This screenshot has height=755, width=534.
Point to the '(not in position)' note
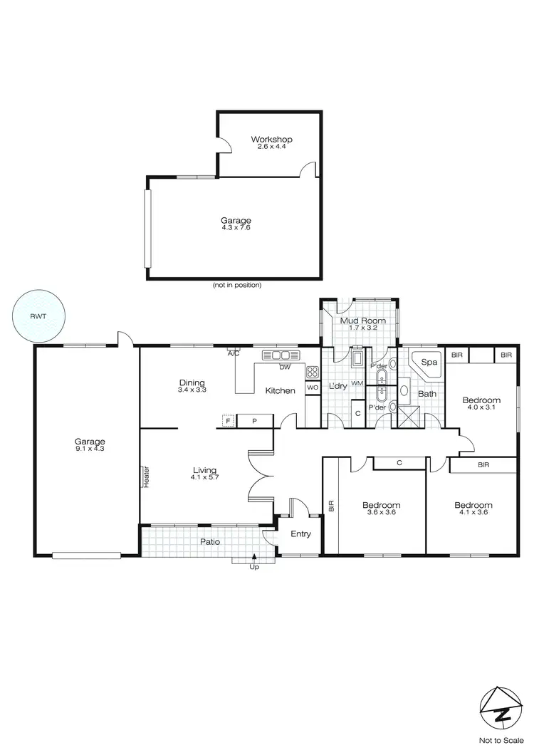[237, 285]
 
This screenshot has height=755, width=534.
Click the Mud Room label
[362, 321]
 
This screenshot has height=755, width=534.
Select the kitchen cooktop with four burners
[312, 371]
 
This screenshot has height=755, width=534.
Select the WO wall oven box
[312, 387]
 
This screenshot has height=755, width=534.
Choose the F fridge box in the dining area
[229, 421]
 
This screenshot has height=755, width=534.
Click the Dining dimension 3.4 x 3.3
[192, 390]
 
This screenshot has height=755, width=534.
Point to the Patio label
[209, 541]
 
